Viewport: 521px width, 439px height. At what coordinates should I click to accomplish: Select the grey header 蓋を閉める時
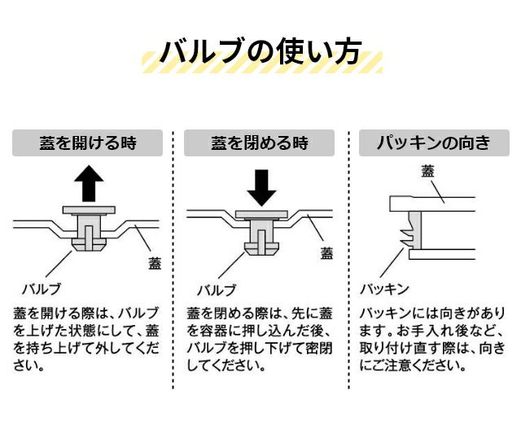coord(260,143)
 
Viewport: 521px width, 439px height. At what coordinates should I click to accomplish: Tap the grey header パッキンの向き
coord(434,143)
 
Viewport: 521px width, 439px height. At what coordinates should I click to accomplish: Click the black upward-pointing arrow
coord(88,183)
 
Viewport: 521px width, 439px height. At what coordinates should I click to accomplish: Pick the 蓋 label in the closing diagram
coord(326,252)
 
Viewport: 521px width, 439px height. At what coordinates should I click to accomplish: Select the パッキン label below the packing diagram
coord(384,288)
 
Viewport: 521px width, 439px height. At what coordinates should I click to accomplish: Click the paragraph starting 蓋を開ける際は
coord(86,339)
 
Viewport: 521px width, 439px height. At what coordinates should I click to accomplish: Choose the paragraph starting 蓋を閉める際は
coord(260,339)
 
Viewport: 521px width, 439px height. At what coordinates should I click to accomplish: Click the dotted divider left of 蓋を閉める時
coord(173,261)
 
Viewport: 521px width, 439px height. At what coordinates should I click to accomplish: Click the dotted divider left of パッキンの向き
coord(348,261)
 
